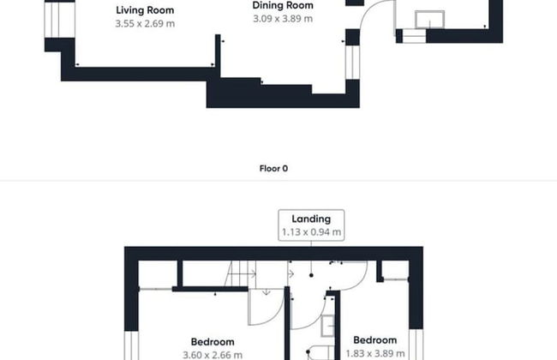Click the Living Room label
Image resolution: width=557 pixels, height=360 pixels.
click(x=145, y=10)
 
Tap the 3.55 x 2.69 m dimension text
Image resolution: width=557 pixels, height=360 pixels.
click(x=145, y=24)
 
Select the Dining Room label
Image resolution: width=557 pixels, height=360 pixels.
click(x=283, y=5)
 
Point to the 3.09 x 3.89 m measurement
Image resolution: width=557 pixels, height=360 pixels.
click(x=283, y=19)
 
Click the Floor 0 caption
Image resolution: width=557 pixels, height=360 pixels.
click(x=273, y=169)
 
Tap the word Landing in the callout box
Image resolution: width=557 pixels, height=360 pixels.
click(x=311, y=219)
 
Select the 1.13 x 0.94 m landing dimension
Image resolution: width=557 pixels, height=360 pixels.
click(x=311, y=232)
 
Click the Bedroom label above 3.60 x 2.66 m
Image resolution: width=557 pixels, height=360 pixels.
click(x=213, y=342)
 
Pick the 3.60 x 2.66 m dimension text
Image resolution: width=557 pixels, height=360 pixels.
click(x=213, y=355)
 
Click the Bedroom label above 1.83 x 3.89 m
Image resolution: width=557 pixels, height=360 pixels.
click(x=374, y=340)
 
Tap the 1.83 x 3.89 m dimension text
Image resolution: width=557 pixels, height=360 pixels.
click(x=375, y=354)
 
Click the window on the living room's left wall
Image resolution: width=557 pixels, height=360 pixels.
click(x=59, y=20)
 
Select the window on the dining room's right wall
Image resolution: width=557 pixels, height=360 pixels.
click(x=352, y=63)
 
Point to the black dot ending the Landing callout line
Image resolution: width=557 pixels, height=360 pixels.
click(x=311, y=275)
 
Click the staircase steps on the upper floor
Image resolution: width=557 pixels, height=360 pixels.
click(x=240, y=273)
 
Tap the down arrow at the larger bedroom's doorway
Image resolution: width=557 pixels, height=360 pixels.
click(x=266, y=292)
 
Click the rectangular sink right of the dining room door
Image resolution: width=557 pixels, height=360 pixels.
click(x=429, y=20)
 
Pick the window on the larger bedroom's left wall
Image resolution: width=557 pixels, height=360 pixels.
click(x=131, y=345)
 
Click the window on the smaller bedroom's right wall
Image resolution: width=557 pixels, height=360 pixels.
click(x=416, y=345)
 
